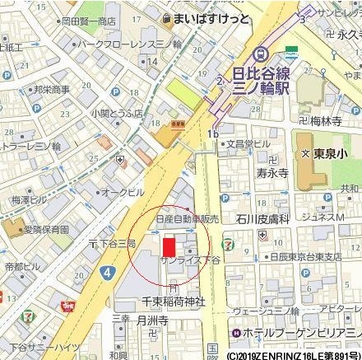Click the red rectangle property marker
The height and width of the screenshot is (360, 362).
coord(169,247)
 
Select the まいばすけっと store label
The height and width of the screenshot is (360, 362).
coord(211,16)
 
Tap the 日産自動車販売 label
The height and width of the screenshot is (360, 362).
coord(188,220)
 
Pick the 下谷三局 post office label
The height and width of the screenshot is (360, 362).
coord(115,245)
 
